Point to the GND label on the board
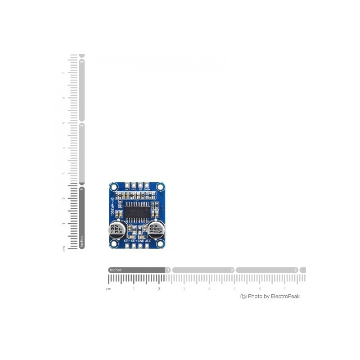coord(141,241)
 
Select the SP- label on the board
coord(127,241)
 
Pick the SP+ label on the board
coord(134,241)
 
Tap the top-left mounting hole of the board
coord(113,186)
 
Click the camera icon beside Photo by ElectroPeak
coord(243,296)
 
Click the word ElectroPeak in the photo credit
coord(285,296)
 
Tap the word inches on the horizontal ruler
coord(116,270)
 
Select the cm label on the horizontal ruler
coord(108,289)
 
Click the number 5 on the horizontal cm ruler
coord(234,289)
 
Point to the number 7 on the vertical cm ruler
coord(64,72)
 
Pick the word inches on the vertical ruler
coord(82,241)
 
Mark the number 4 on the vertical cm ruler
coord(64,148)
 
